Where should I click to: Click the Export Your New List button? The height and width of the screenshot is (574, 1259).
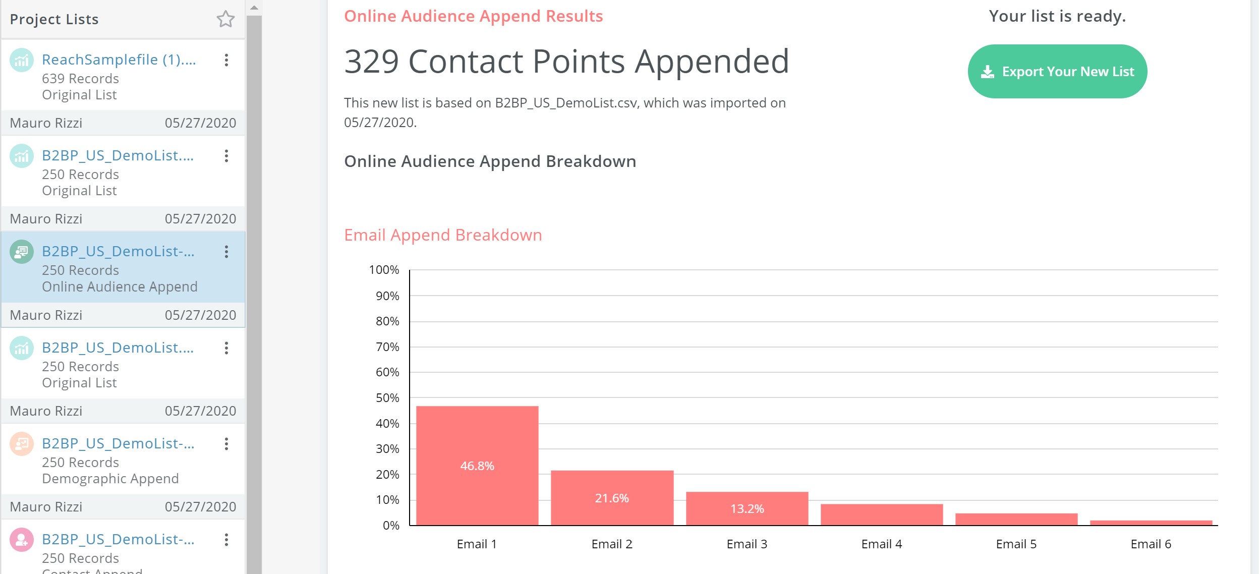[1057, 72]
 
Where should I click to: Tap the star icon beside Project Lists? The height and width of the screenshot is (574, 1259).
[225, 19]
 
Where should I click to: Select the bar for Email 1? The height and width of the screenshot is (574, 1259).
[477, 465]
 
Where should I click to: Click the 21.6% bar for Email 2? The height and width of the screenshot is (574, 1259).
[612, 497]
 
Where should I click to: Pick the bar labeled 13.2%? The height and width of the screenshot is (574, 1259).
[747, 508]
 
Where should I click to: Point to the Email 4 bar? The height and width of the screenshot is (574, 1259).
[882, 514]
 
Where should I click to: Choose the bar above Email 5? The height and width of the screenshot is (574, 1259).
[1016, 519]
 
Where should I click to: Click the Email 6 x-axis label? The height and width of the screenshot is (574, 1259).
[1151, 544]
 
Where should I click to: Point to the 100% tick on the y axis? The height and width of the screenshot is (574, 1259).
[384, 270]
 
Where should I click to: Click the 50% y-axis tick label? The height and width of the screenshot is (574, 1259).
[387, 397]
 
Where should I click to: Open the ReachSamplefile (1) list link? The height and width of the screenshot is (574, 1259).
[119, 60]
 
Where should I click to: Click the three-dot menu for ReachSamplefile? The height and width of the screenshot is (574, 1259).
[226, 60]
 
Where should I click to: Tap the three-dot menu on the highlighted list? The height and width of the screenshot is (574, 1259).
[226, 252]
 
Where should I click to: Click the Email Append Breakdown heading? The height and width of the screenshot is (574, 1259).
[443, 235]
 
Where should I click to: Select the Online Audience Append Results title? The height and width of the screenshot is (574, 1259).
[473, 16]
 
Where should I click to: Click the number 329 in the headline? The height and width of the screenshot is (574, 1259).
[371, 62]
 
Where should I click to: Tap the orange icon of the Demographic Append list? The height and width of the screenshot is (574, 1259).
[22, 444]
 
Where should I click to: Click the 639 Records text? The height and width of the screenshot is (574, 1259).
[80, 79]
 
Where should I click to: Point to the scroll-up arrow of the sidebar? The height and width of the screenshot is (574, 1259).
[254, 8]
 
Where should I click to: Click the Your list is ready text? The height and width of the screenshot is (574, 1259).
[1057, 16]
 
